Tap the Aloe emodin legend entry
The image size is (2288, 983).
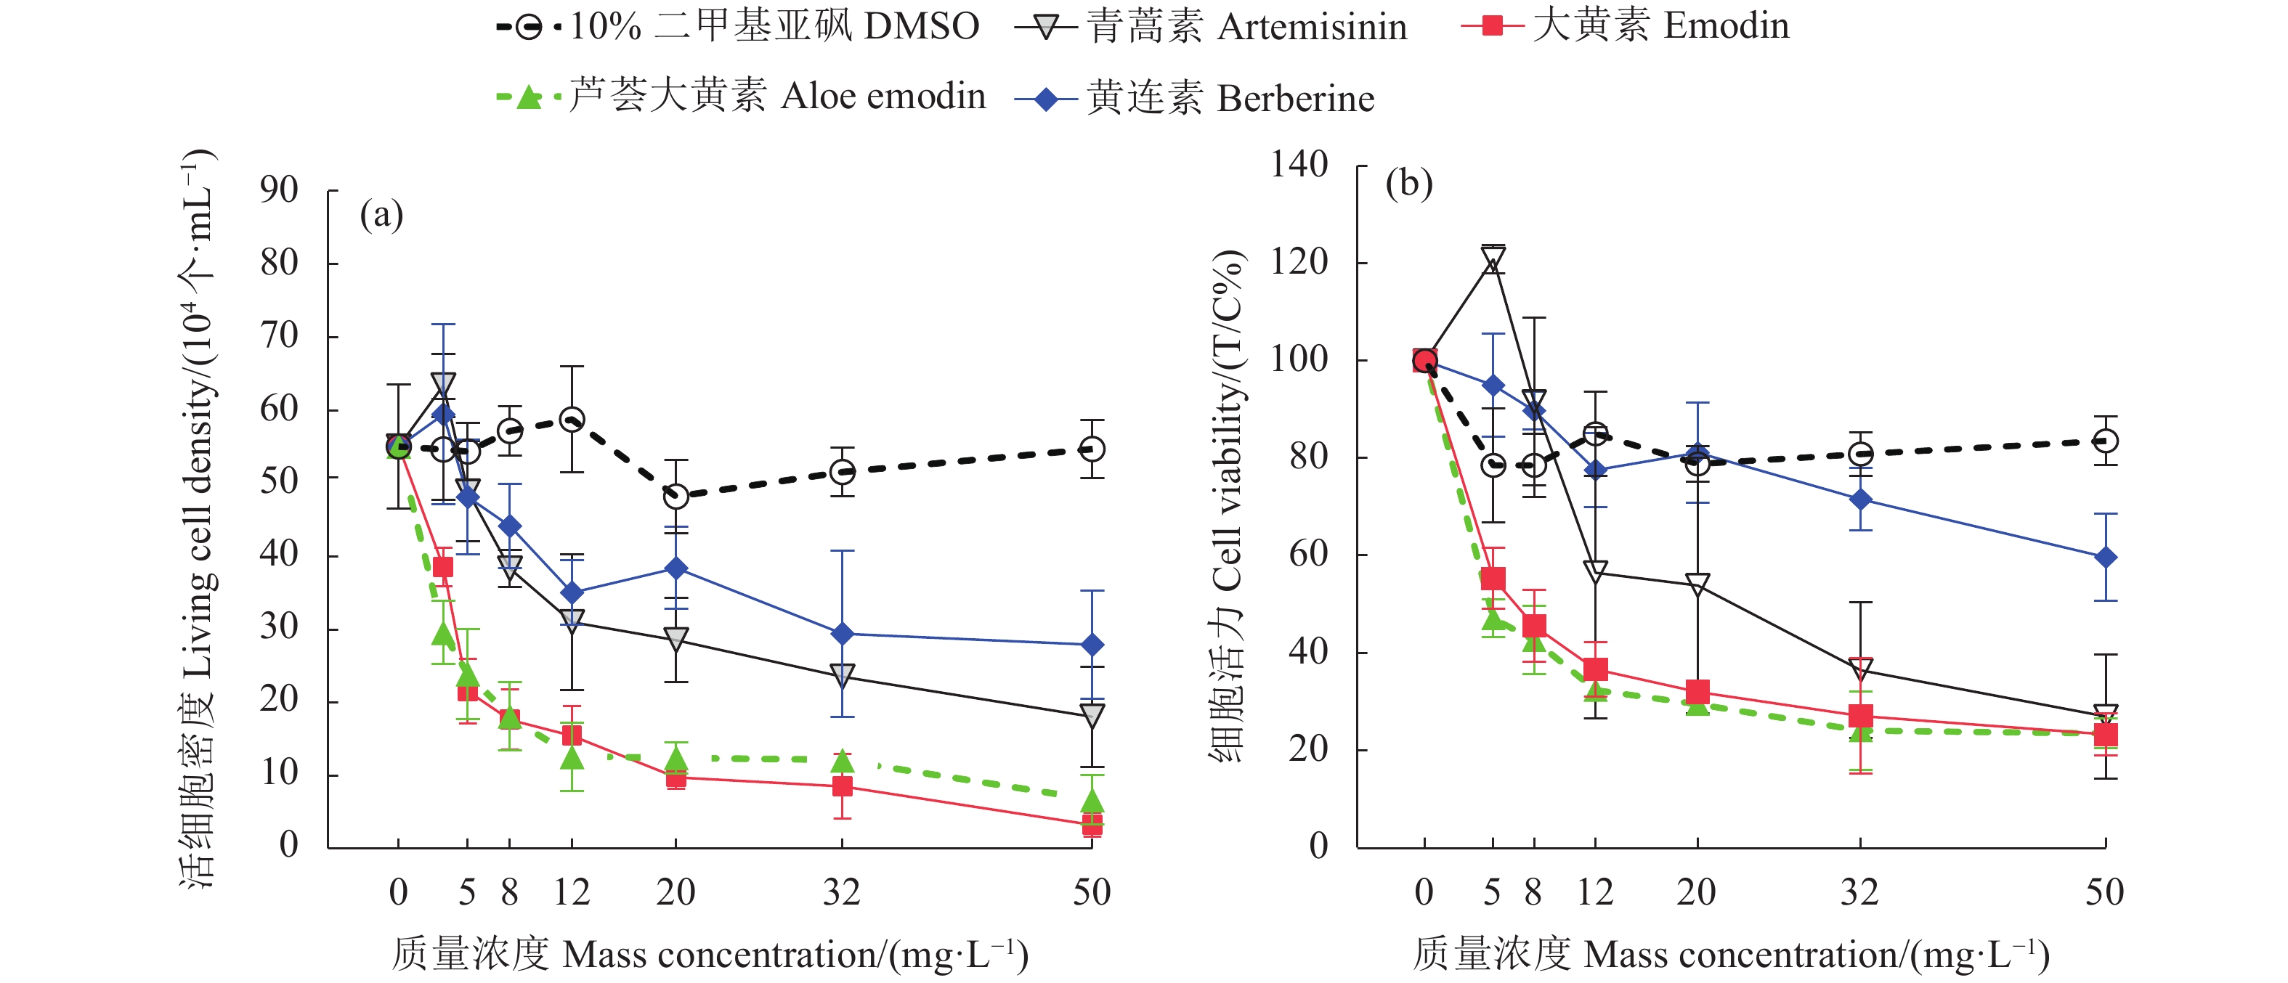(x=742, y=96)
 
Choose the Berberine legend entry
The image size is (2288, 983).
(x=1196, y=98)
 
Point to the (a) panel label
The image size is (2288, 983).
(x=381, y=214)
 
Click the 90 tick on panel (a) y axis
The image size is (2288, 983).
(x=279, y=190)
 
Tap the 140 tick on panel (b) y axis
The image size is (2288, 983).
(x=1299, y=166)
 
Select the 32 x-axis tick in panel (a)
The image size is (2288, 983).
(x=841, y=892)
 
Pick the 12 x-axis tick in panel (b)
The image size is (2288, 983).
(x=1595, y=892)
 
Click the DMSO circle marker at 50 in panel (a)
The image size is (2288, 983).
(x=1092, y=449)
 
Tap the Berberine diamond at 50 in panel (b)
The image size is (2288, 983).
(x=2105, y=558)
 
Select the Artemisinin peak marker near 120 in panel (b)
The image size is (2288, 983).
(x=1493, y=259)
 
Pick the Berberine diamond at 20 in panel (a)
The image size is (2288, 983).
(x=676, y=568)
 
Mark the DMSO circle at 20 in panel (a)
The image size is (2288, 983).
(x=676, y=497)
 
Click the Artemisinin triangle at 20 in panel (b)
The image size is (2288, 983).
(x=1697, y=584)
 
